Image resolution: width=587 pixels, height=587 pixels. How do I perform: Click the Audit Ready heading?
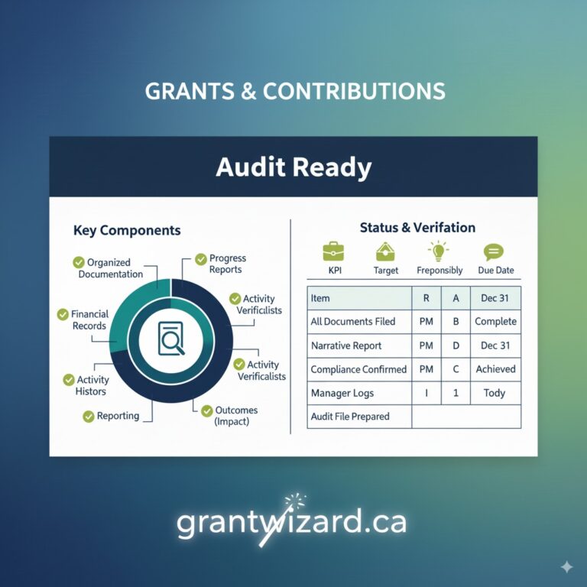293,167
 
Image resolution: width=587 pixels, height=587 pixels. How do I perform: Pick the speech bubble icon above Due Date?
494,251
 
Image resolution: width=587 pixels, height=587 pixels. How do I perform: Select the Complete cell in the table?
495,322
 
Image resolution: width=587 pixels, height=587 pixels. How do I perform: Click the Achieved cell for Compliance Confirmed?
495,369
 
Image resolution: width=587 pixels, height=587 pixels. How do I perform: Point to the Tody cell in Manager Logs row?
495,393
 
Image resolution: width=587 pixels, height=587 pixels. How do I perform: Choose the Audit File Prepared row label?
350,417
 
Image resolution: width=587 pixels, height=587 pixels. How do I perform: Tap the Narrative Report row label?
345,345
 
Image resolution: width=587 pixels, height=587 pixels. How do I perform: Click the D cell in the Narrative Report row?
456,345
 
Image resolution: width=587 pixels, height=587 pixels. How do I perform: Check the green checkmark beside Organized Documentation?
79,263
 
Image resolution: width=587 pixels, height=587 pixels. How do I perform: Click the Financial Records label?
89,319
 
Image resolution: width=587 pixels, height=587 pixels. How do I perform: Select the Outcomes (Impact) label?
236,416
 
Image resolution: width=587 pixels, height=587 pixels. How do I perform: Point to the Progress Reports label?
225,264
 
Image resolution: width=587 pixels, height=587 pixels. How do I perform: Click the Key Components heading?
127,230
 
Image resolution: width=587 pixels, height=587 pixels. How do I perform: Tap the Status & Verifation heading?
417,228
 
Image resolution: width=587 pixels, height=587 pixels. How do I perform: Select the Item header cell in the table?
321,298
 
